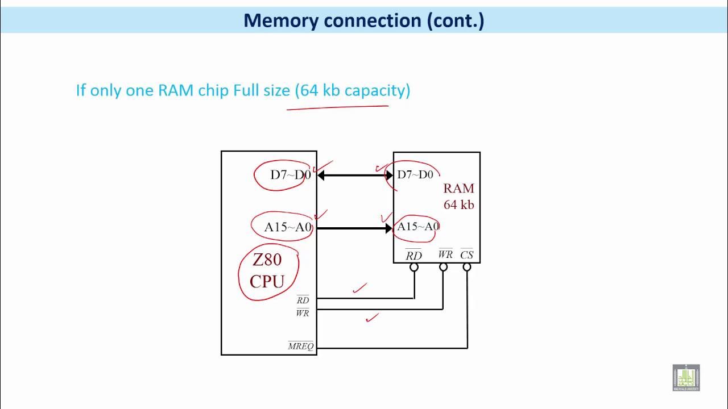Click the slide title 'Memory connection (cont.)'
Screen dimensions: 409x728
point(364,20)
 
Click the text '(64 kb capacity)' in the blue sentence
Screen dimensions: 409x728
point(353,90)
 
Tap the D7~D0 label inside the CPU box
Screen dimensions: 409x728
point(290,175)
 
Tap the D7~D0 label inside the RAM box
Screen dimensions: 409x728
point(415,175)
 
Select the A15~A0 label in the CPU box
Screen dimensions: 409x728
point(288,227)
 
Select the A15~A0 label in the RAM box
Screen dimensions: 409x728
point(418,227)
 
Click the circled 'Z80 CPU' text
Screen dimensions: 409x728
point(267,270)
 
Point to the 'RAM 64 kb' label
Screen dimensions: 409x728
point(458,196)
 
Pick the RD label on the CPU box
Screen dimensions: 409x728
point(303,299)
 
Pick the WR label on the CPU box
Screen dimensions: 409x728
point(303,312)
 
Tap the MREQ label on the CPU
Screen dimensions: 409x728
point(301,346)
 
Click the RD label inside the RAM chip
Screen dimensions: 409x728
point(413,255)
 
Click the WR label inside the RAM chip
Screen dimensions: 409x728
point(445,254)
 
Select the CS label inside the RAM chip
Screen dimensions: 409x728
point(467,254)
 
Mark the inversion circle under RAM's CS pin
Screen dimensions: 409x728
point(467,267)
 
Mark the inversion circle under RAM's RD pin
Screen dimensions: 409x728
point(414,267)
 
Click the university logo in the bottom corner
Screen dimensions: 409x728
point(686,378)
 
